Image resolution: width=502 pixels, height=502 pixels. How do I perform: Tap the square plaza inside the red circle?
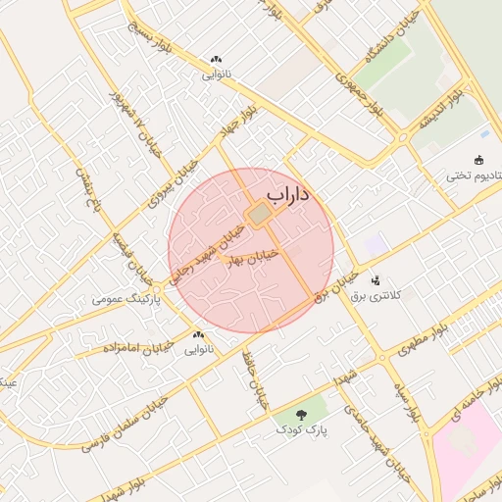click(260, 214)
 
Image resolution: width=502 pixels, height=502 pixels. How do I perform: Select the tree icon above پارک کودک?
click(300, 413)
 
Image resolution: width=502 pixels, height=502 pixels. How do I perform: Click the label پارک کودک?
click(300, 429)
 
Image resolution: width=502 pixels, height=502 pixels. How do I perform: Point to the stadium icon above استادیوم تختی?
click(478, 160)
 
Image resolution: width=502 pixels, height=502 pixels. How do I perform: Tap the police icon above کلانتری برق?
click(376, 280)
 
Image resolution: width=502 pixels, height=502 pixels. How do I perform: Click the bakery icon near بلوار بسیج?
click(215, 60)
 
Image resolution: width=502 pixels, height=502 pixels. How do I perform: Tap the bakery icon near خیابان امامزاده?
click(200, 335)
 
